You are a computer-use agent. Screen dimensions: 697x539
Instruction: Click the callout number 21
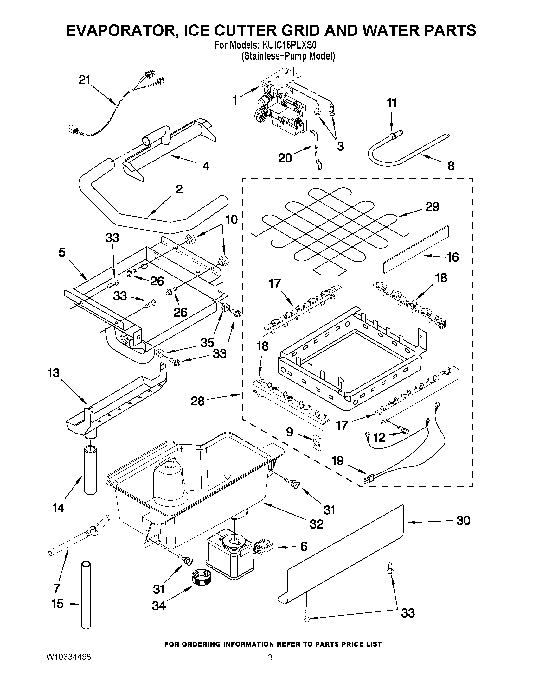point(85,80)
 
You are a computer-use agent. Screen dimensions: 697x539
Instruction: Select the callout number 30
point(463,521)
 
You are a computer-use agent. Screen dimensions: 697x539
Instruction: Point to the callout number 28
point(197,401)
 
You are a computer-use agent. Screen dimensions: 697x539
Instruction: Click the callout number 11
point(392,103)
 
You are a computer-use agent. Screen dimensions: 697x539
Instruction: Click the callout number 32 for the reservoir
point(316,524)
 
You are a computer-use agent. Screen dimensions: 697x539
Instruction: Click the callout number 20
point(285,158)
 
